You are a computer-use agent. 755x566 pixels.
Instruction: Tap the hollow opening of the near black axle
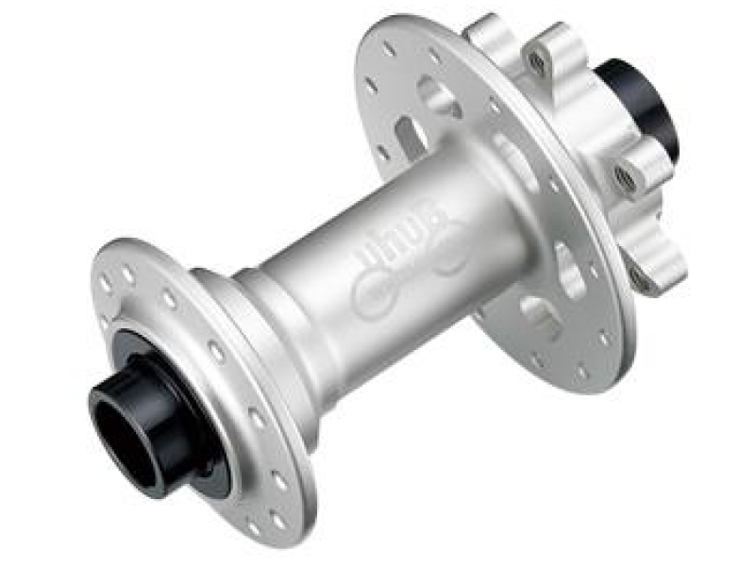pos(123,429)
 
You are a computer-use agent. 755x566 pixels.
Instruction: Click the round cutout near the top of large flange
pos(435,95)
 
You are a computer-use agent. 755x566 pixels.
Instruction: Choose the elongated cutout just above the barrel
pos(411,137)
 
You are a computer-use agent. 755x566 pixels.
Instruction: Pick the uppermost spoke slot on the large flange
pos(390,48)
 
